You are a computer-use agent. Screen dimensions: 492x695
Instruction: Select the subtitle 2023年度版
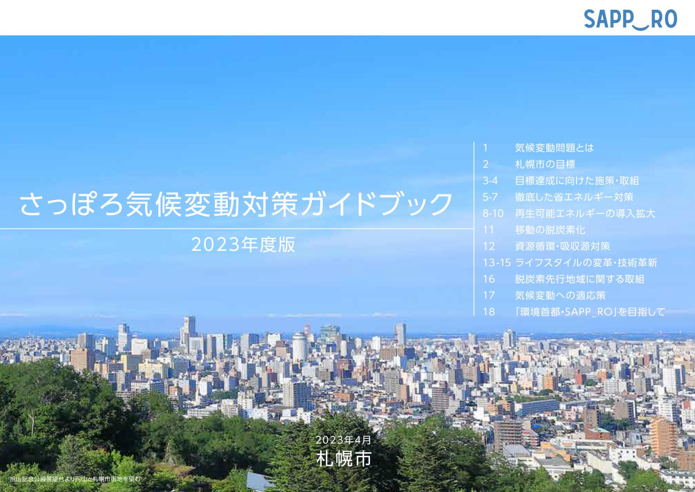[x=243, y=244]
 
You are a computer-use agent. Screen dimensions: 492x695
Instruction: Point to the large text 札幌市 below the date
[x=344, y=458]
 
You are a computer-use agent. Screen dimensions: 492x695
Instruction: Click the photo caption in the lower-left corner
[x=75, y=479]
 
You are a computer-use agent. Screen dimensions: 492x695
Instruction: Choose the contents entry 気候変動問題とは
[x=554, y=148]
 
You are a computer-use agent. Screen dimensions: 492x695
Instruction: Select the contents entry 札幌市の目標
[x=545, y=164]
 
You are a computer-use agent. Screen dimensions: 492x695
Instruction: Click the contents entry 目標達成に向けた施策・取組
[x=577, y=181]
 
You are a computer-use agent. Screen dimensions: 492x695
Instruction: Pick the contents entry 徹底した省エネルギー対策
[x=574, y=197]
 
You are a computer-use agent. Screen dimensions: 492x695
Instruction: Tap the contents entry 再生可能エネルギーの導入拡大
[x=585, y=213]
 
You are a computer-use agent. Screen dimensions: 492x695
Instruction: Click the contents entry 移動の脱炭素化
[x=550, y=230]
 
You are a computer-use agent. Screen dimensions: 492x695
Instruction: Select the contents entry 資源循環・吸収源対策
[x=562, y=246]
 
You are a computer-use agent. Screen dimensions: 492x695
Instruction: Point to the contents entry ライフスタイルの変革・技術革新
[x=586, y=263]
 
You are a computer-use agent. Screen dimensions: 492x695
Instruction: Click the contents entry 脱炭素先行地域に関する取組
[x=579, y=279]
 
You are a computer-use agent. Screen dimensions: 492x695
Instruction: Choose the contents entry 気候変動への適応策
[x=560, y=295]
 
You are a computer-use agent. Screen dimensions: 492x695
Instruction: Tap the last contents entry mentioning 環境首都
[x=590, y=312]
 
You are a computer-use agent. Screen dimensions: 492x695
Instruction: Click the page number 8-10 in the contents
[x=493, y=213]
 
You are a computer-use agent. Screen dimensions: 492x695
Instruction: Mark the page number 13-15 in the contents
[x=496, y=263]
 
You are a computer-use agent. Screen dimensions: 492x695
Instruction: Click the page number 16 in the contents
[x=488, y=279]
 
